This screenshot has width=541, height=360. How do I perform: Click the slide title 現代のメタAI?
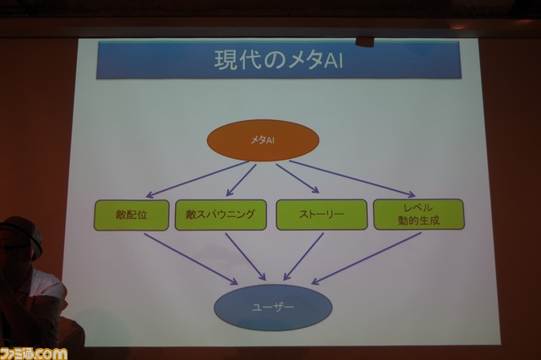279,60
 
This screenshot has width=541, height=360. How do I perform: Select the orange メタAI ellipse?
263,140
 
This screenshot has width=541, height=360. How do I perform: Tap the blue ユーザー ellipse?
273,307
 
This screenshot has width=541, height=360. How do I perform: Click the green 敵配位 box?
132,215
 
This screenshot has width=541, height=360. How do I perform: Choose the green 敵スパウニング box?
221,215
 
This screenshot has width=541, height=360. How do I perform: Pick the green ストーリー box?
321,214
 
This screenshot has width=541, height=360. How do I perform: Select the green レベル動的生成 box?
419,214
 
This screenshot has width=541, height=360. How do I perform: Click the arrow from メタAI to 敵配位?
197,179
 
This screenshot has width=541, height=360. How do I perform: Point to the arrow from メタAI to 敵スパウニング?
241,180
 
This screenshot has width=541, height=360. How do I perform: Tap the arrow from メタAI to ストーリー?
298,178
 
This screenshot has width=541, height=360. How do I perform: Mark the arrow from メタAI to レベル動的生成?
352,178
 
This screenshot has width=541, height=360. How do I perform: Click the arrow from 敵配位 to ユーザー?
191,259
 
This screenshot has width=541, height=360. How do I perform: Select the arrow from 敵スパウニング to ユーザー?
246,257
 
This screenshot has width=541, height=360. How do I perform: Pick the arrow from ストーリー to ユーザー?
303,257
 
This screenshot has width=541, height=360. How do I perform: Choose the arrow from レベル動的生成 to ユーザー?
366,259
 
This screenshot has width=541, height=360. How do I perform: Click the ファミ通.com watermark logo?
34,354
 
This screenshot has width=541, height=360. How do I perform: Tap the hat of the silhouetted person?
21,232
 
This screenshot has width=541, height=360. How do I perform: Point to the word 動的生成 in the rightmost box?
419,221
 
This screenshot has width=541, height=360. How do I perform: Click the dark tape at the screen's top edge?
364,41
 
